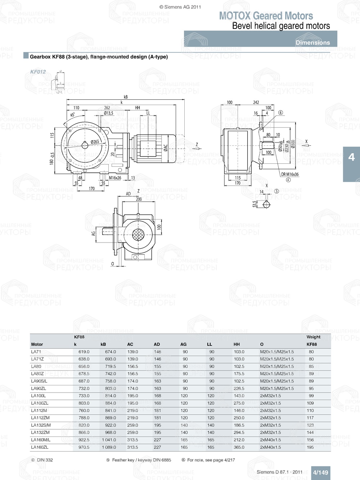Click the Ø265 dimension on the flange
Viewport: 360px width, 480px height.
[95, 142]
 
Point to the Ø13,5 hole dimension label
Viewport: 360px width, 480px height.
[108, 113]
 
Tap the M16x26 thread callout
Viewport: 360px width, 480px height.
[115, 178]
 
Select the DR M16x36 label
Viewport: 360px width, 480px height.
[290, 174]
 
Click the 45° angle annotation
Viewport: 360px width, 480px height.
[73, 115]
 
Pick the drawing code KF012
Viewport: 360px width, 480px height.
[38, 72]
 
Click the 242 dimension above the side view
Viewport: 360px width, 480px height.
[256, 103]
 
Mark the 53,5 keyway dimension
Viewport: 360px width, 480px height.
[255, 204]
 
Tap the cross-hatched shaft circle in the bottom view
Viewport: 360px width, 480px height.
[138, 235]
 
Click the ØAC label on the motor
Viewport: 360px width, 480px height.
[166, 148]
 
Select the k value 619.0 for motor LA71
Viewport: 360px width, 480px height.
[84, 352]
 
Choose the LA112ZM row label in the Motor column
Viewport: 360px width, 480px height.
[40, 418]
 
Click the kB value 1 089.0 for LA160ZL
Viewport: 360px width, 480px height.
[109, 447]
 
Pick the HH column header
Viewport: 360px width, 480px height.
[237, 344]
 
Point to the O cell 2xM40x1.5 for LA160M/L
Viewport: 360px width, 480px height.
[270, 440]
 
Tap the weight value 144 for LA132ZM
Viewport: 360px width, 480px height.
[310, 433]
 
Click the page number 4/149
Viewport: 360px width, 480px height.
[320, 472]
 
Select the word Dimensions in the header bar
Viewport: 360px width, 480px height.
[312, 42]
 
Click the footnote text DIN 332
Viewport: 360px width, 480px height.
[45, 460]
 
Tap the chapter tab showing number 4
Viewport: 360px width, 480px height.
[351, 157]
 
